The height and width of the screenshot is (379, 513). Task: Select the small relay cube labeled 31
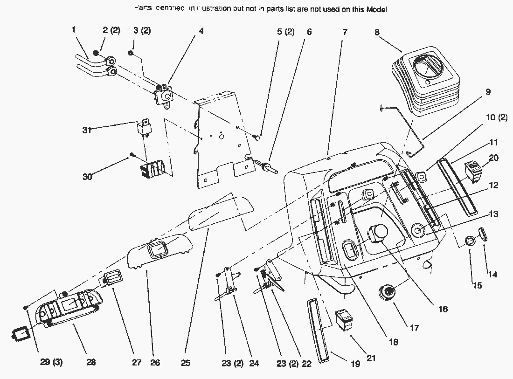[x=143, y=129]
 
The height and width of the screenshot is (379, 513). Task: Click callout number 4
[x=201, y=32]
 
